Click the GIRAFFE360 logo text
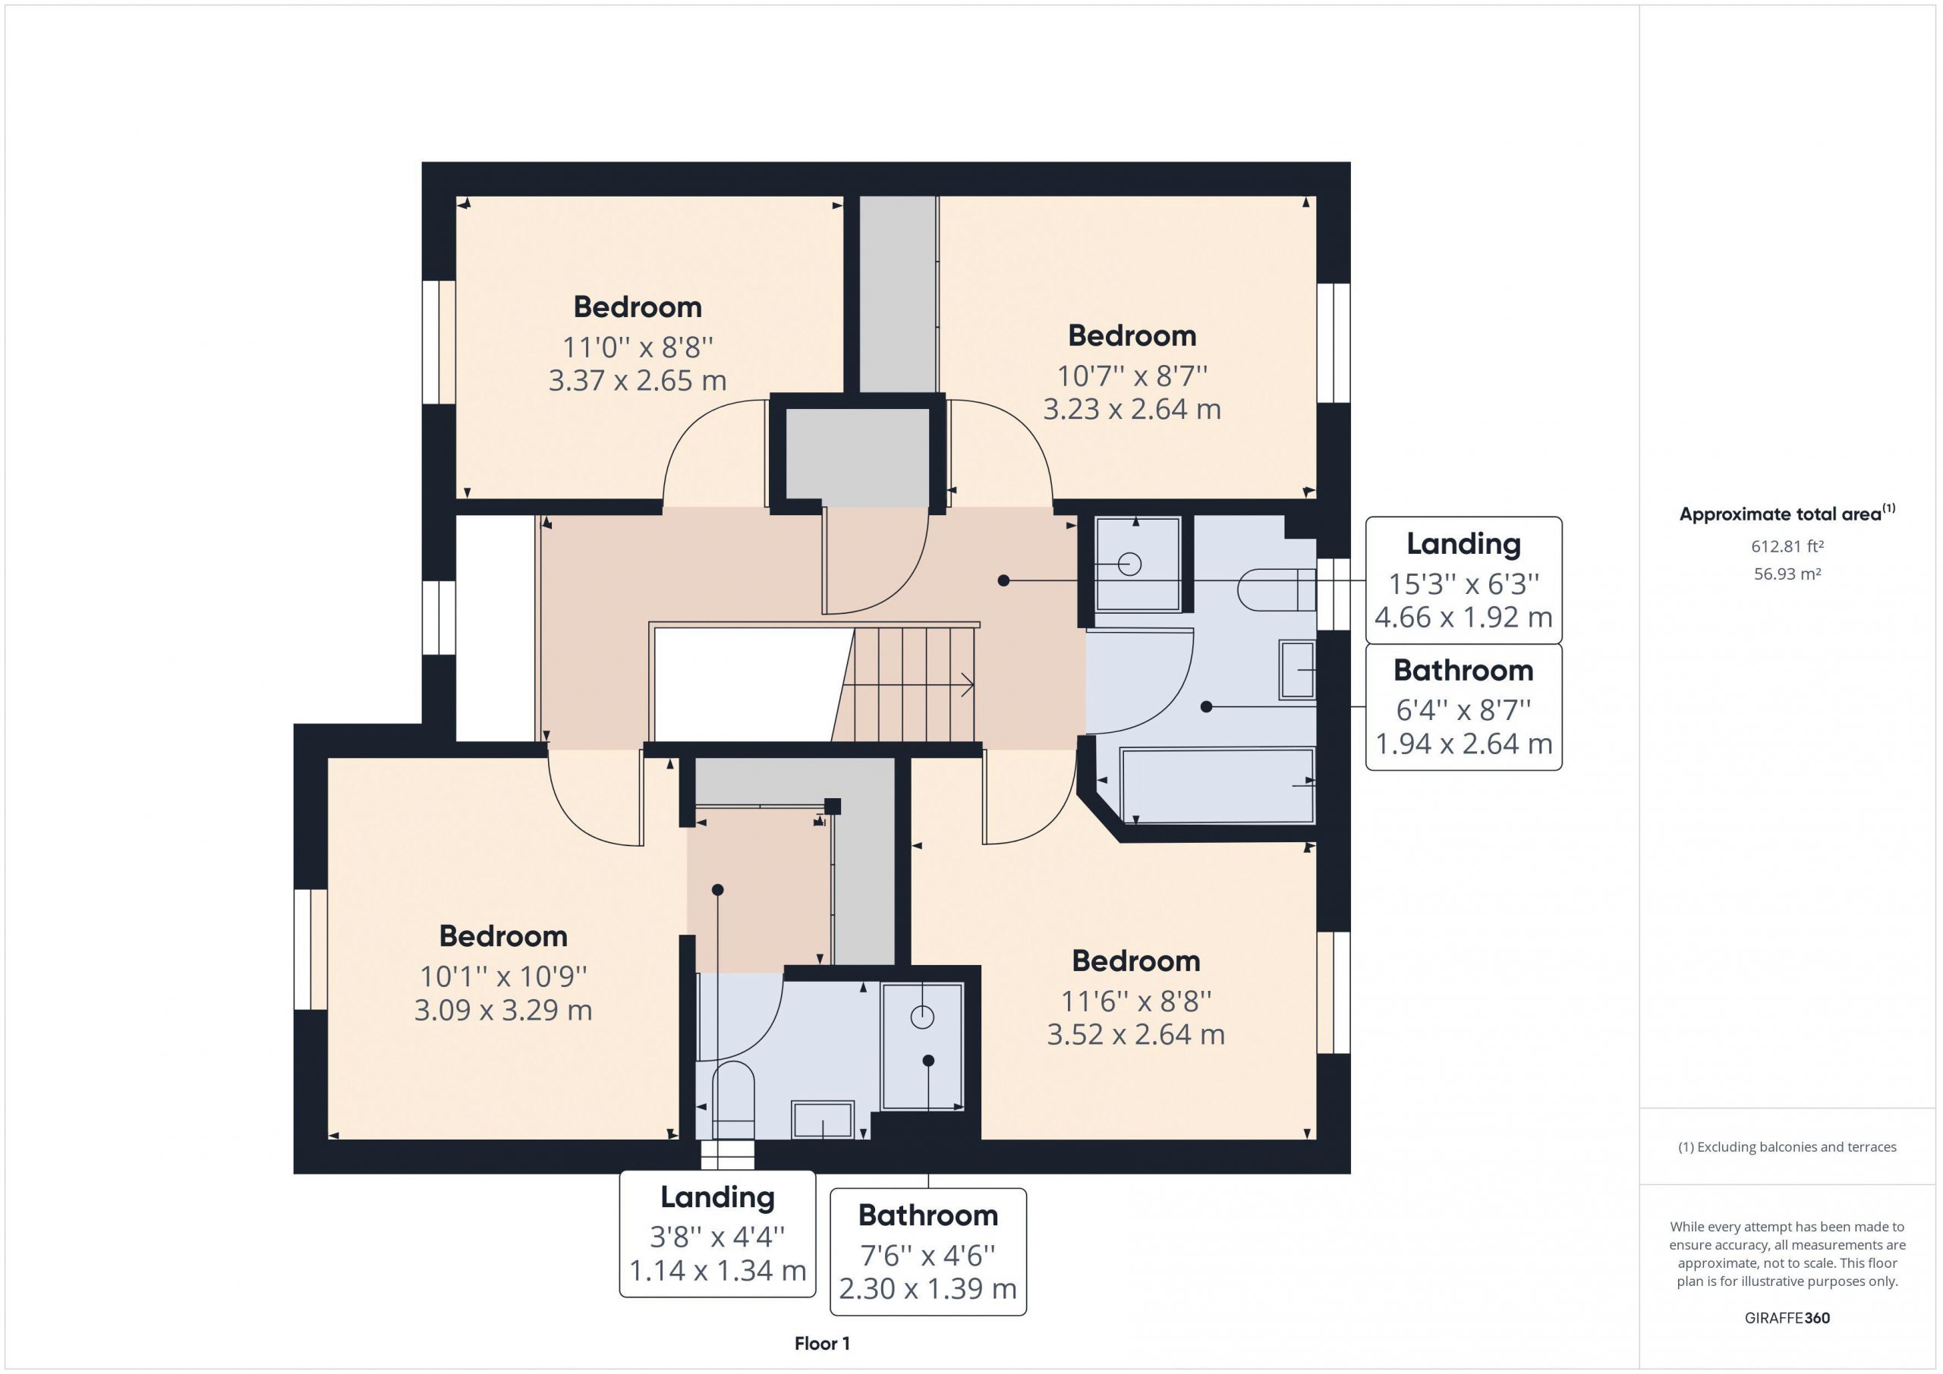pyautogui.click(x=1787, y=1318)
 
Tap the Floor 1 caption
pyautogui.click(x=822, y=1344)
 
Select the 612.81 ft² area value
pyautogui.click(x=1787, y=546)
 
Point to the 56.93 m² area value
pyautogui.click(x=1787, y=574)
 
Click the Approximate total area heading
pyautogui.click(x=1787, y=513)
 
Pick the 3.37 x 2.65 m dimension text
pyautogui.click(x=638, y=381)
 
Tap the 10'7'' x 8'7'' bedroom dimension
pyautogui.click(x=1132, y=375)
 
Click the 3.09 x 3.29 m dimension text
pyautogui.click(x=502, y=1010)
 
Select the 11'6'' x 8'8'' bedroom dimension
pyautogui.click(x=1135, y=1001)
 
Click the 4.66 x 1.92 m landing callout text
pyautogui.click(x=1463, y=618)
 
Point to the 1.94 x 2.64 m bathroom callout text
pyautogui.click(x=1463, y=744)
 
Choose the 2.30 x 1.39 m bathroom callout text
pyautogui.click(x=927, y=1288)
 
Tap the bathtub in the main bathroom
pyautogui.click(x=1217, y=785)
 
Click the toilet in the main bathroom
pyautogui.click(x=1276, y=590)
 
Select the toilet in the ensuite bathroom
pyautogui.click(x=733, y=1101)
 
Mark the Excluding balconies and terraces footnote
pyautogui.click(x=1787, y=1147)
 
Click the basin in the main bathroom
pyautogui.click(x=1297, y=670)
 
